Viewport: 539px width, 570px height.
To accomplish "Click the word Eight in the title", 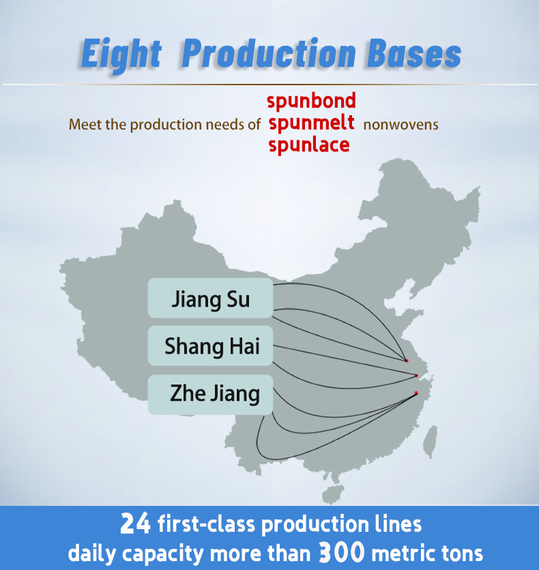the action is tap(121, 55).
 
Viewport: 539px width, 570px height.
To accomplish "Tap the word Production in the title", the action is tap(268, 53).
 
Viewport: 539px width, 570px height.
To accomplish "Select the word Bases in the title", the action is tap(414, 53).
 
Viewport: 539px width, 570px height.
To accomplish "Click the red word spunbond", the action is tap(311, 101).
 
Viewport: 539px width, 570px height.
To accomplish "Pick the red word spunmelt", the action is tap(311, 123).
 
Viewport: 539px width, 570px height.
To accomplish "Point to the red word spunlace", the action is tap(309, 145).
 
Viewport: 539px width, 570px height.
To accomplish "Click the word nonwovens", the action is tap(400, 125).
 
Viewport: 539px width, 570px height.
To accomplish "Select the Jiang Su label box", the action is tap(210, 298).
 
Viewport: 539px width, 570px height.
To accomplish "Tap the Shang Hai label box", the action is tap(210, 346).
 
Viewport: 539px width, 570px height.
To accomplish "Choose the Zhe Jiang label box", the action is tap(210, 394).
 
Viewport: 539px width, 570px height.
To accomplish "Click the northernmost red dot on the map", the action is tap(406, 361).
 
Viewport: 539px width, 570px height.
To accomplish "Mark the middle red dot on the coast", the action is tap(416, 376).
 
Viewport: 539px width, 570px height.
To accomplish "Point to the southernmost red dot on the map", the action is tap(416, 393).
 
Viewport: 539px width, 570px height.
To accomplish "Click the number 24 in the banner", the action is tap(135, 524).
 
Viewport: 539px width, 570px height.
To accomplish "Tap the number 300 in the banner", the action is tap(342, 552).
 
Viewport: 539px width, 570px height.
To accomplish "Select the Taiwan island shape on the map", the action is tap(431, 441).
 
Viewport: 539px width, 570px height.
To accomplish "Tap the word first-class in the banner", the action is tap(206, 524).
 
